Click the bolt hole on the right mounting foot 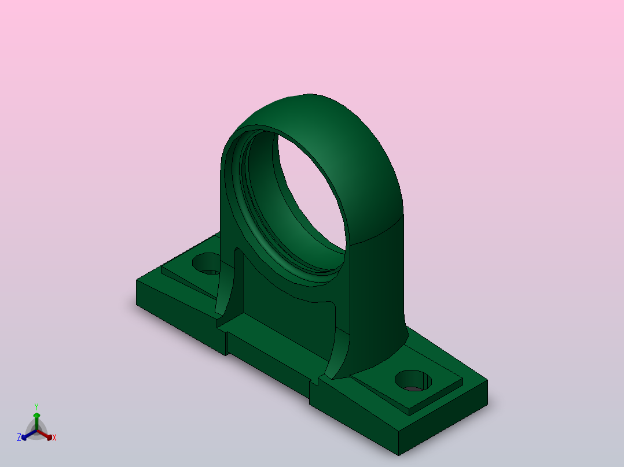pyautogui.click(x=413, y=381)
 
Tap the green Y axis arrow pyautogui.click(x=36, y=421)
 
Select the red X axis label pyautogui.click(x=54, y=438)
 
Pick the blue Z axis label pyautogui.click(x=19, y=438)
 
